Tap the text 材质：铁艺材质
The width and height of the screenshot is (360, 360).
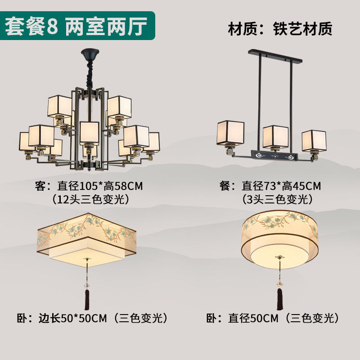point(280,29)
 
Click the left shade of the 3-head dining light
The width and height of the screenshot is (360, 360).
point(231,133)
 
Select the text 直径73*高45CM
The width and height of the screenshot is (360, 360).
point(282,185)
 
